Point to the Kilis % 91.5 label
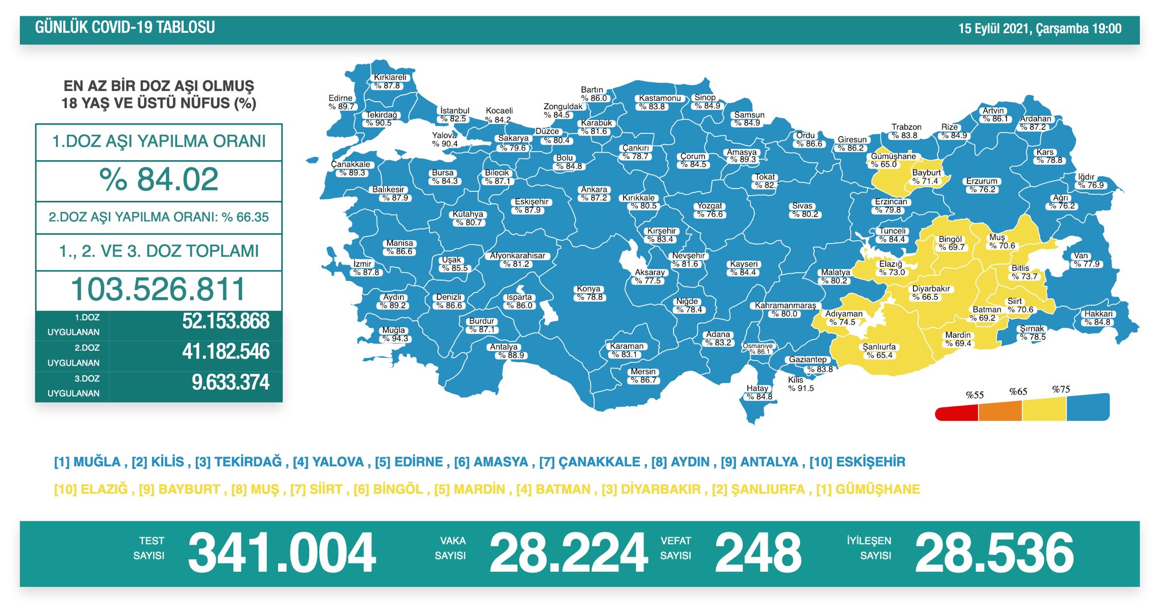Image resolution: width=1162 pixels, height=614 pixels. point(801,385)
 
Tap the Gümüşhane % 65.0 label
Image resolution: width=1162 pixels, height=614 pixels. point(893,160)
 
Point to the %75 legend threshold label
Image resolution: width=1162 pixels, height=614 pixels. point(1060,390)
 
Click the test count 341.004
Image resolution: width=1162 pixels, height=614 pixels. point(281,553)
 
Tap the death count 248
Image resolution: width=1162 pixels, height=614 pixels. point(757,553)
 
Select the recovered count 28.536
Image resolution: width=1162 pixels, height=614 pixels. point(994,553)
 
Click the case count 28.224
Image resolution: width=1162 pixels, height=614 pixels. point(568,553)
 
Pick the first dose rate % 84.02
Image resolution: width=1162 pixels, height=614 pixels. point(159,180)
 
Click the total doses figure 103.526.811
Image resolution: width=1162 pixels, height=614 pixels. point(158,290)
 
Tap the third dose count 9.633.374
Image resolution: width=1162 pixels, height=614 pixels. point(230,382)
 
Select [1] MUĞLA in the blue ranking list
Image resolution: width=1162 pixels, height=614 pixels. point(87,462)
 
